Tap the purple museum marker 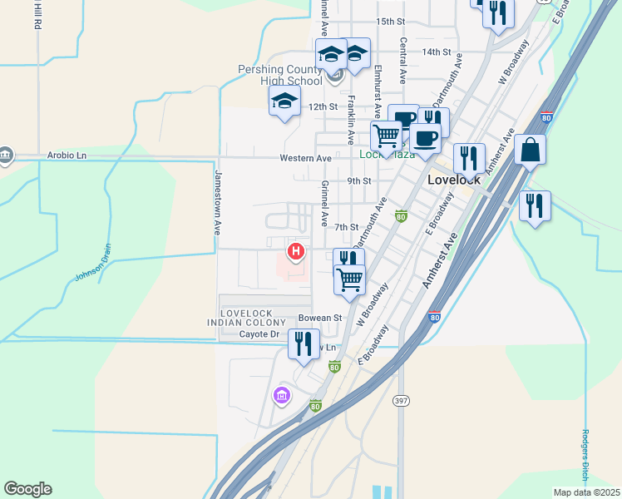point(282,395)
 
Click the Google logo point(27,489)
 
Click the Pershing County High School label point(280,75)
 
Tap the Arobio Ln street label point(67,156)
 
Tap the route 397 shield point(401,401)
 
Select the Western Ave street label point(305,157)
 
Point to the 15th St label point(389,21)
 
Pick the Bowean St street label point(320,318)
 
